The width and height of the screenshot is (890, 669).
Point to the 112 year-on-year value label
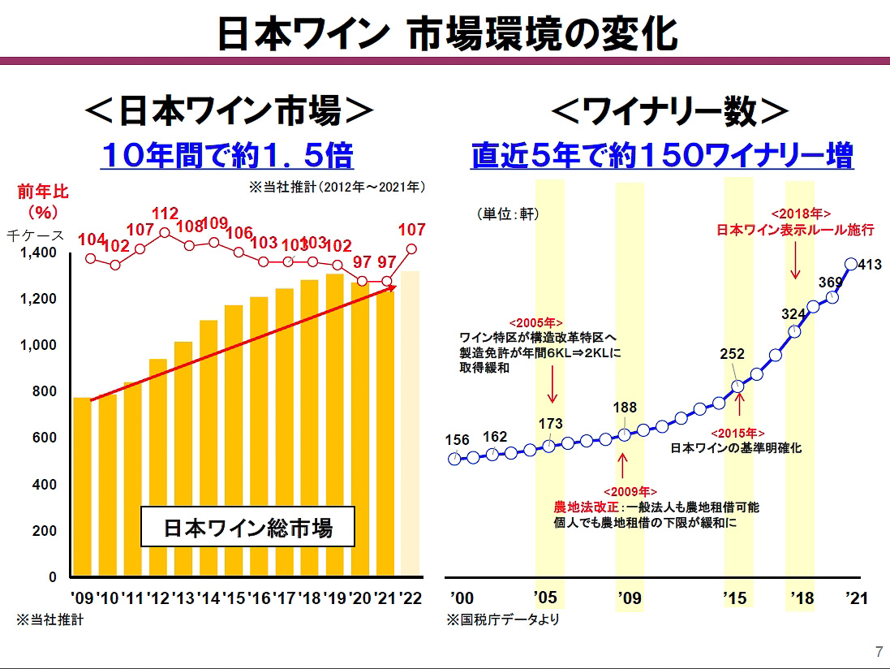[x=165, y=214]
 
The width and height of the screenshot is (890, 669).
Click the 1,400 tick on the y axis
[x=37, y=252]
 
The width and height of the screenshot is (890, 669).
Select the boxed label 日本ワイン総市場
[x=248, y=529]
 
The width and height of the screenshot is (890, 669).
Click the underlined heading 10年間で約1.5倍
[x=227, y=154]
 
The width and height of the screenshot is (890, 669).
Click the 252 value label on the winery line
[x=733, y=355]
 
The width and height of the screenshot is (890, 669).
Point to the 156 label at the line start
[x=458, y=440]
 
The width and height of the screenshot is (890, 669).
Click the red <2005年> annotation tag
[x=535, y=322]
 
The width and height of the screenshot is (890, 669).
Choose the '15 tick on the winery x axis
[x=734, y=598]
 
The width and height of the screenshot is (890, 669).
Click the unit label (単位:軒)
[x=507, y=214]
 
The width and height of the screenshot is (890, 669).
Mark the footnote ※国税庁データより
[x=502, y=620]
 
